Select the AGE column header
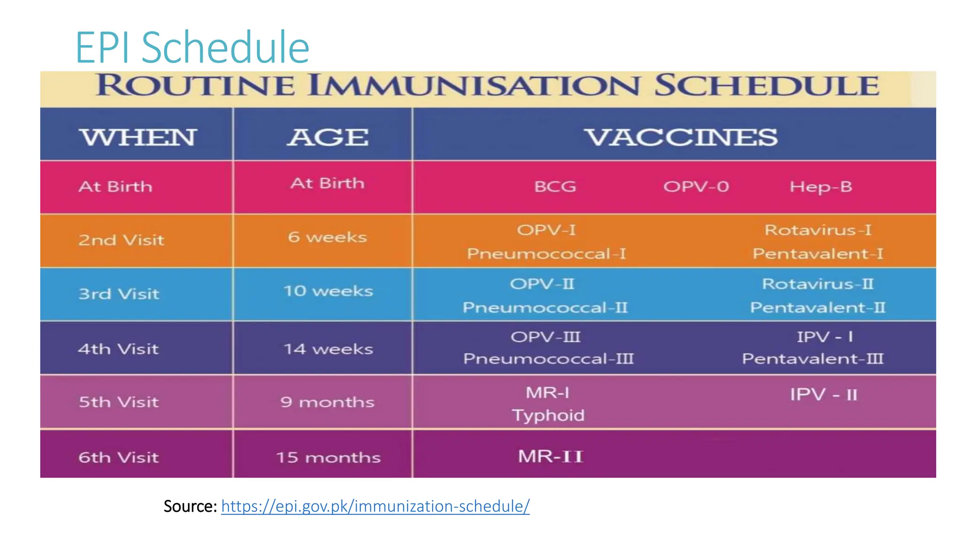tap(328, 137)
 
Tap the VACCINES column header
tap(680, 137)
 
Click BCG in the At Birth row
tap(555, 187)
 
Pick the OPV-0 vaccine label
tap(696, 187)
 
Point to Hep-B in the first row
tap(820, 187)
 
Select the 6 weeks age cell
tap(327, 237)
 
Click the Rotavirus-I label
tap(817, 230)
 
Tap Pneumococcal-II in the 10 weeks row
tap(545, 308)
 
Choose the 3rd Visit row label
tap(119, 294)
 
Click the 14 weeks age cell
tap(328, 349)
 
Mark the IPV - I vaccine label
tap(824, 337)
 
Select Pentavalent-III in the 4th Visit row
tap(812, 359)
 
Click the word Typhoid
tap(548, 415)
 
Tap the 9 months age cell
tap(327, 402)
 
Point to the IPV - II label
tap(823, 394)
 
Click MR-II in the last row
tap(550, 456)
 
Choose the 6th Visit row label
tap(118, 457)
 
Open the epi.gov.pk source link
tap(375, 506)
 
